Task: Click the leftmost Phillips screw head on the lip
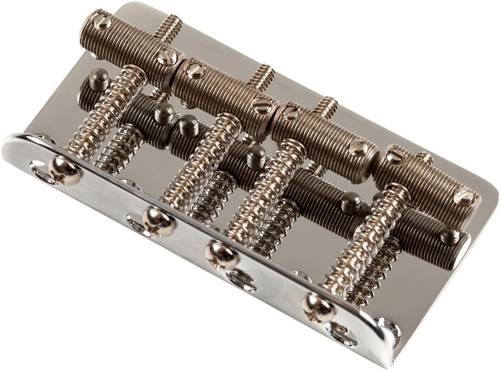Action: (x=65, y=171)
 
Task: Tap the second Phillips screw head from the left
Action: (x=158, y=221)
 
